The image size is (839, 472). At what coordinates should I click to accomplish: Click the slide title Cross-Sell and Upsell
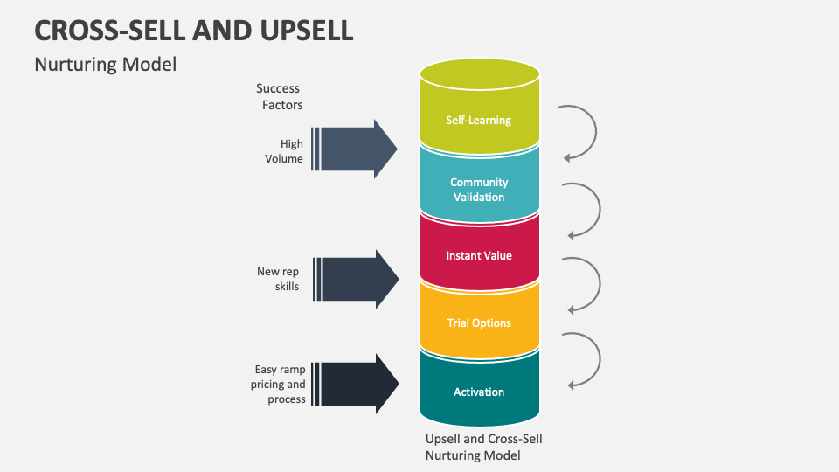click(x=194, y=30)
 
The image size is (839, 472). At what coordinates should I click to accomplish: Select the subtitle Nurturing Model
click(x=105, y=65)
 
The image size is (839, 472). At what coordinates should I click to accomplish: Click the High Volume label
click(x=286, y=151)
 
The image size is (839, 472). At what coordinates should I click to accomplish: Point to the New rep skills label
click(x=278, y=279)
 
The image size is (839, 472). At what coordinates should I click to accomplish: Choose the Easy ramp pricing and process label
click(x=281, y=385)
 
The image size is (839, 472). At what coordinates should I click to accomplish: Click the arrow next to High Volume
click(x=355, y=149)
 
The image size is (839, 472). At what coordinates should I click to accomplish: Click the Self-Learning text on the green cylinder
click(x=478, y=120)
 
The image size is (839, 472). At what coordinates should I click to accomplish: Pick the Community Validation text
click(x=478, y=190)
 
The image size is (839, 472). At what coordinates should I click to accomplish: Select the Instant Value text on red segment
click(x=478, y=256)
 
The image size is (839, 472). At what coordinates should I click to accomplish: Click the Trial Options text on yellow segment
click(x=478, y=323)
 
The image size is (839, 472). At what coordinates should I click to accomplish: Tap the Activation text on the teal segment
click(x=478, y=392)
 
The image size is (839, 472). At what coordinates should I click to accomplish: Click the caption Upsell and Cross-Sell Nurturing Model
click(x=483, y=447)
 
